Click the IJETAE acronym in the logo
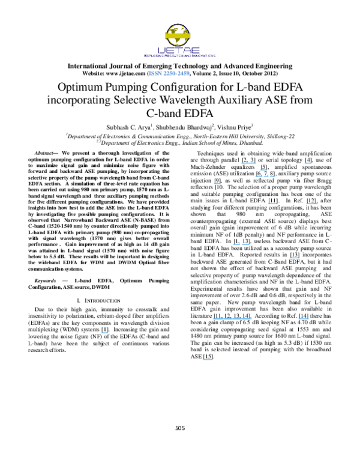(x=179, y=50)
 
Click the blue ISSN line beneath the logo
(x=169, y=73)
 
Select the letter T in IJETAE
(x=180, y=50)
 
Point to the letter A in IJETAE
(x=188, y=50)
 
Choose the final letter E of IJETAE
(x=196, y=50)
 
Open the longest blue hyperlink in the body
(x=232, y=319)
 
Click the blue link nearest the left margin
(x=104, y=333)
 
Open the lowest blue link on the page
(x=208, y=360)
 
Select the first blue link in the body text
(x=248, y=163)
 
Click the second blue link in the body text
(x=308, y=163)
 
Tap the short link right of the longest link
(x=303, y=319)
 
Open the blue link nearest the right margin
(x=312, y=204)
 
